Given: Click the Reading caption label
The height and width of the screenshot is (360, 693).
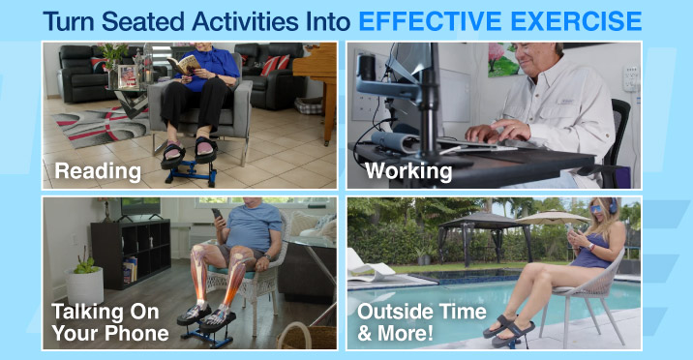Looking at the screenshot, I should click(x=98, y=172).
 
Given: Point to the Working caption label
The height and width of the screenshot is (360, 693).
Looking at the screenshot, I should click(x=408, y=172).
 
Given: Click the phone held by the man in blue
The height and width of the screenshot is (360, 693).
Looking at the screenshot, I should click(x=217, y=215).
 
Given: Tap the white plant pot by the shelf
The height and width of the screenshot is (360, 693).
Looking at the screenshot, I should click(x=85, y=286).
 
